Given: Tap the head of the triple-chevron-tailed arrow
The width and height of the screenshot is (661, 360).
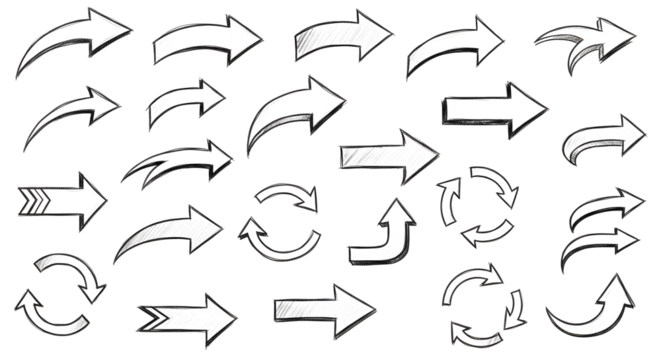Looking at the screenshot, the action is coord(89,198).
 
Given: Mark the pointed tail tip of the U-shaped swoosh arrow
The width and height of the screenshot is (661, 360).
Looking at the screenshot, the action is coord(549,315).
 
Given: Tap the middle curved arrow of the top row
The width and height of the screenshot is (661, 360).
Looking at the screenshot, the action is coord(336,38).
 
